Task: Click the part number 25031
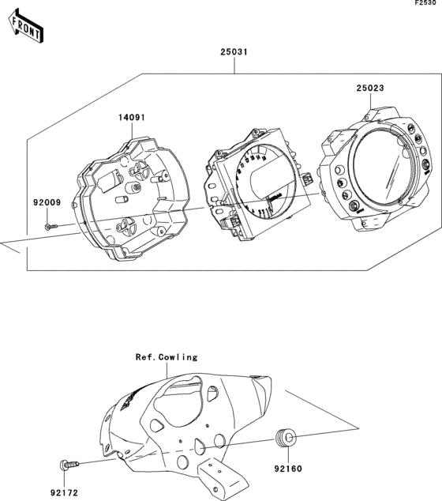[x=234, y=53]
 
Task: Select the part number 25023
[x=369, y=89]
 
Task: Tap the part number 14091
[x=133, y=118]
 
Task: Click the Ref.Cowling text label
[x=167, y=357]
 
